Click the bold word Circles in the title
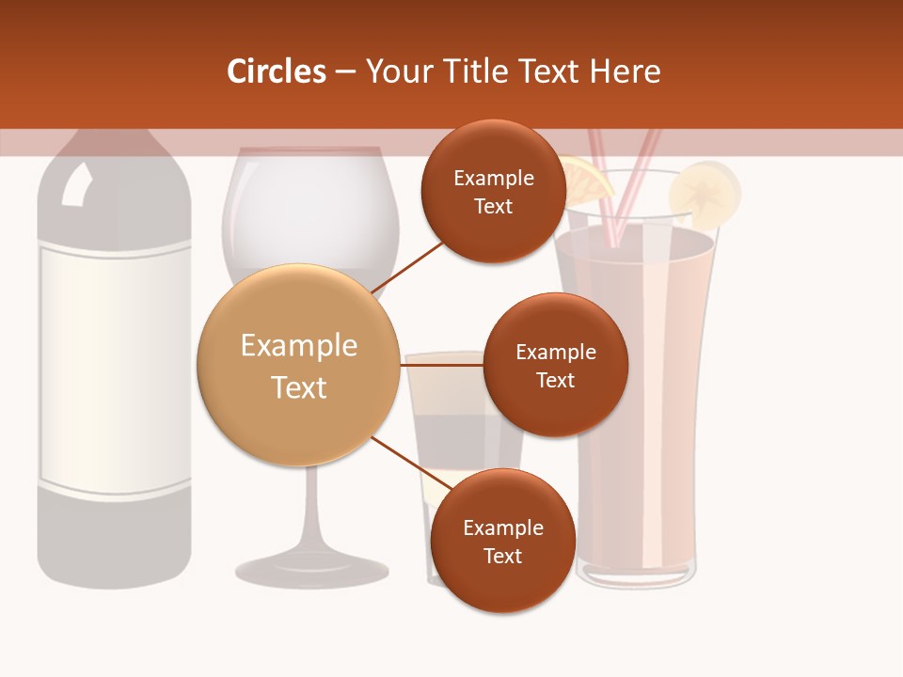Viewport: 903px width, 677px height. (276, 71)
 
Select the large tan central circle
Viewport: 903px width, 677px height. (298, 366)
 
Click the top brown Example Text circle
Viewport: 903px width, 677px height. (493, 192)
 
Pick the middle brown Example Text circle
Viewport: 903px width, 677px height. (555, 365)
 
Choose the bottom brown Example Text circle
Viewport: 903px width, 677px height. (502, 541)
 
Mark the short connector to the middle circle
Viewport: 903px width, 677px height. (442, 364)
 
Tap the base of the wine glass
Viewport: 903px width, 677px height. (311, 568)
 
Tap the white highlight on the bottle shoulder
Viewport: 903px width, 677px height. (76, 185)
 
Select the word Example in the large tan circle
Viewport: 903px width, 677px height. (298, 345)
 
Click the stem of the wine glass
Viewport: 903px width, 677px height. (311, 508)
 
